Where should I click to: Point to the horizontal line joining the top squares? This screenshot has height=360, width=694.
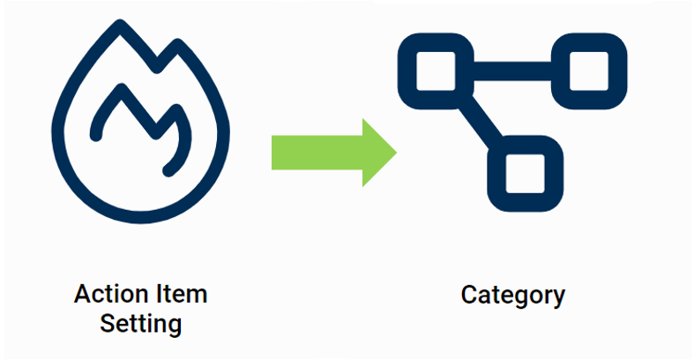512,69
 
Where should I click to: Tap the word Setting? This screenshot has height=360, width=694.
141,323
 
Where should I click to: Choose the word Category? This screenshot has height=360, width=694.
512,295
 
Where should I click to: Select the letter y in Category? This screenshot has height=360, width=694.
557,298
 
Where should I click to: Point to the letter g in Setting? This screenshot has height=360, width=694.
175,326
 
